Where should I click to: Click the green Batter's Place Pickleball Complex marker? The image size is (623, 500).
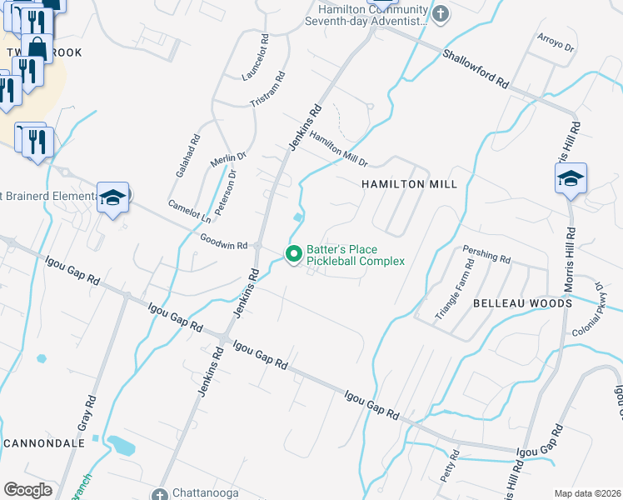click(x=293, y=253)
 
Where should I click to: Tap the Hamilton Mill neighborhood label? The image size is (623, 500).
click(x=409, y=184)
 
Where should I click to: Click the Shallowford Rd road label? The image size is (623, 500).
click(x=476, y=69)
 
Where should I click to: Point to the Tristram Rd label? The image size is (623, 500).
click(x=268, y=88)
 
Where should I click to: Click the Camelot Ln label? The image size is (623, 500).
click(x=189, y=212)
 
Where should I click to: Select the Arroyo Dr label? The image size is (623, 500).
click(x=556, y=43)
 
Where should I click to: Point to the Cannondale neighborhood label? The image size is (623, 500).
click(x=44, y=442)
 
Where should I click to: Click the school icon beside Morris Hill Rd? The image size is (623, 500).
click(x=571, y=177)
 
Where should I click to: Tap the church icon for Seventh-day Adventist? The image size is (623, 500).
click(x=441, y=12)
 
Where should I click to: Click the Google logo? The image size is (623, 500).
click(x=27, y=489)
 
